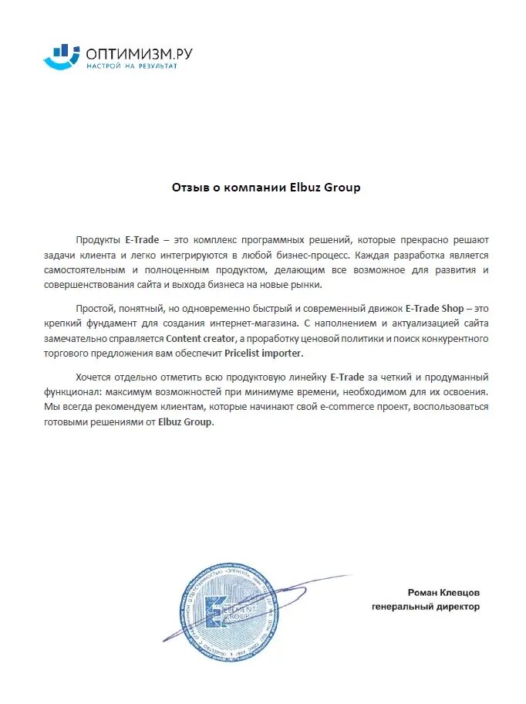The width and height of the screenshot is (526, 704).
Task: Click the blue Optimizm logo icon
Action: (x=61, y=56)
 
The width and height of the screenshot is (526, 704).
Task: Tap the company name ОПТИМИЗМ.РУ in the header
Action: (x=139, y=52)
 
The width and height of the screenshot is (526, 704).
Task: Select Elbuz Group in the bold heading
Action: (x=325, y=188)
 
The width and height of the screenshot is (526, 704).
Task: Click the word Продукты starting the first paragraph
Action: (x=98, y=240)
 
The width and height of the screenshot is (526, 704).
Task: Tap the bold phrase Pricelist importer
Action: (x=265, y=352)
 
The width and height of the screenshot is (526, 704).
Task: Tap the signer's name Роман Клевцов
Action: (x=443, y=592)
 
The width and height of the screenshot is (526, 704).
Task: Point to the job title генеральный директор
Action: (x=425, y=607)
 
